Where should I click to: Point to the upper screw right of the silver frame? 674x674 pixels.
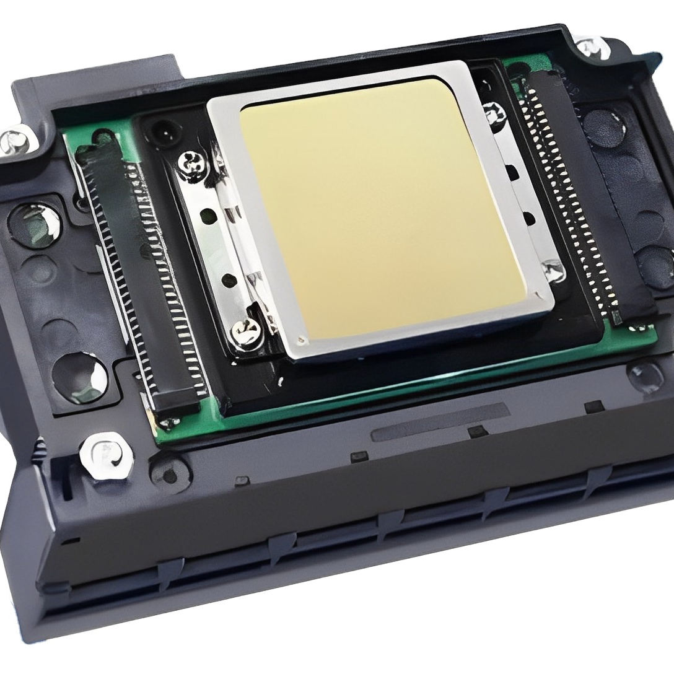coord(494,113)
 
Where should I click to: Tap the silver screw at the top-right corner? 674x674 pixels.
coord(587,46)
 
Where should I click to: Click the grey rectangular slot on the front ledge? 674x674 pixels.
coord(440,421)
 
